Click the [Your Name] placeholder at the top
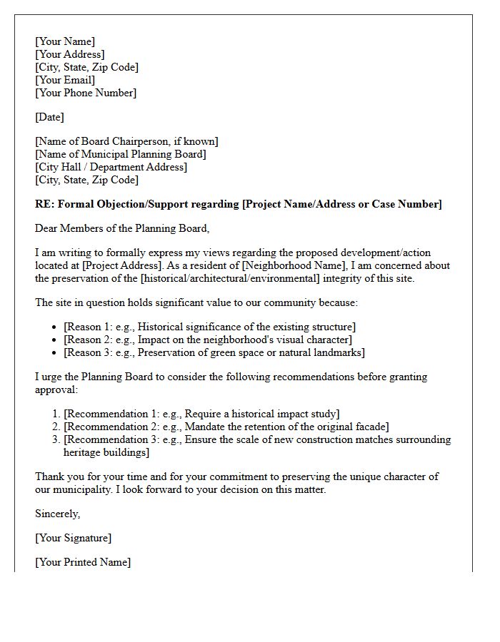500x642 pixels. (65, 41)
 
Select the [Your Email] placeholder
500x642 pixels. (65, 80)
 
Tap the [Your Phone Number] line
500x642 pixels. (86, 93)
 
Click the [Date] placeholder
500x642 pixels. (49, 117)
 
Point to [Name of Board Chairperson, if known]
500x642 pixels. (127, 141)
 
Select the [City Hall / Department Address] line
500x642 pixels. (111, 167)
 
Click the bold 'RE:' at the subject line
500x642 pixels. (44, 204)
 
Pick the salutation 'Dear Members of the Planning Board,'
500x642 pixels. (122, 228)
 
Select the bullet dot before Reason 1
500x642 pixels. (56, 327)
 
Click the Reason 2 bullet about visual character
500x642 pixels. (208, 340)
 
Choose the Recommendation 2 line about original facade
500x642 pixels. (226, 427)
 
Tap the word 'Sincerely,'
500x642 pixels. (58, 514)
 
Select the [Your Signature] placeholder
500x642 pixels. (74, 538)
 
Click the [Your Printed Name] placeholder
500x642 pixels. (83, 562)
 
